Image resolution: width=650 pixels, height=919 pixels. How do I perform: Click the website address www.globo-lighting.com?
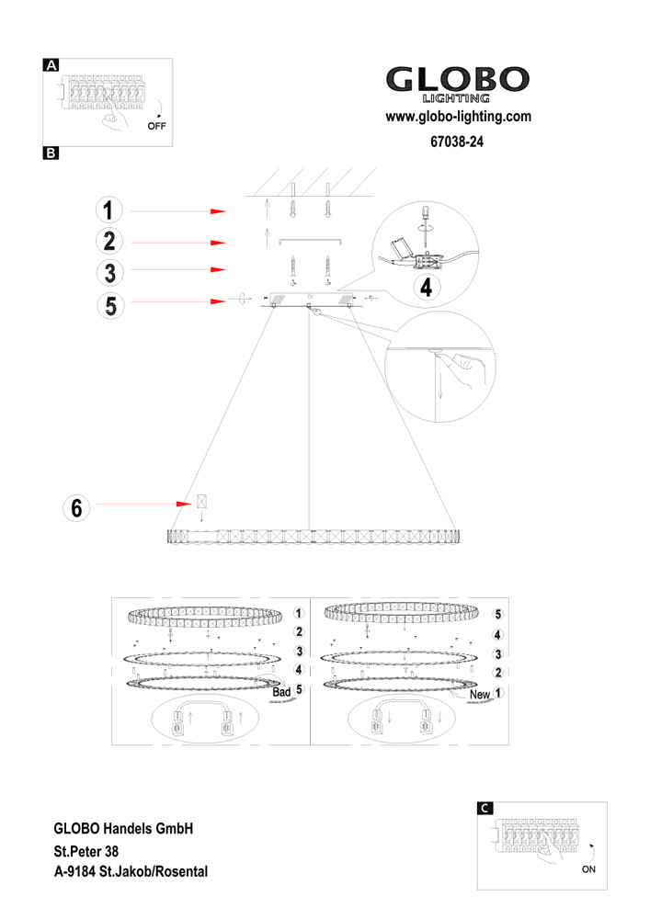(458, 117)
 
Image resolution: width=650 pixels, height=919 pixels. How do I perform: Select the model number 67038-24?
(457, 142)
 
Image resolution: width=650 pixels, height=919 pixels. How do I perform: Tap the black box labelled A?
(51, 65)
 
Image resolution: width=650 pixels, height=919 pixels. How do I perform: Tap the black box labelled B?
(51, 153)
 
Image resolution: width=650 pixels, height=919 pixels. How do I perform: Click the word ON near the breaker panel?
(590, 868)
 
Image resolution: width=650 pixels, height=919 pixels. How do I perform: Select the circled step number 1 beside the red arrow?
(108, 210)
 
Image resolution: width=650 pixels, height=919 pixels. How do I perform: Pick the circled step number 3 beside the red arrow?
(108, 273)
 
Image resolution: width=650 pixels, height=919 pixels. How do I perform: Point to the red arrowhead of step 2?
(219, 243)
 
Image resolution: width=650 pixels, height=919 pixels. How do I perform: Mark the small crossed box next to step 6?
(202, 503)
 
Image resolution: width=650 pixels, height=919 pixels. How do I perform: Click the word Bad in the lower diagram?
(281, 690)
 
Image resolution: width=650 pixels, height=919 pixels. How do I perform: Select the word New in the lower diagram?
(479, 696)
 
